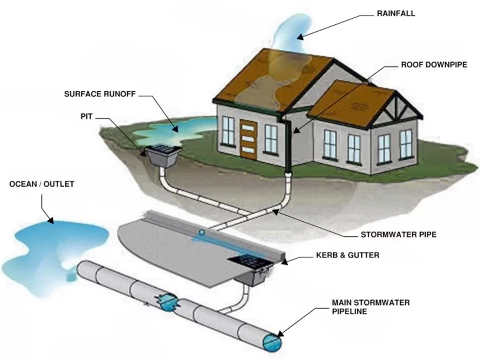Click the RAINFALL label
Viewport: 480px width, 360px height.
tap(396, 14)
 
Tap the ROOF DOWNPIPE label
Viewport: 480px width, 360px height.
tap(434, 65)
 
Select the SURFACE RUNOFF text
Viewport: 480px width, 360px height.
tap(100, 94)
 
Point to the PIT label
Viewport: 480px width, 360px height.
tap(86, 117)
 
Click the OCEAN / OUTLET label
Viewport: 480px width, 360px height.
tap(42, 184)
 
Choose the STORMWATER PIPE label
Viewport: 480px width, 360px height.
tap(398, 234)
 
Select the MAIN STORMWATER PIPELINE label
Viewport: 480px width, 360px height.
tap(370, 307)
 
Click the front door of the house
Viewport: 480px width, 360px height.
tap(248, 139)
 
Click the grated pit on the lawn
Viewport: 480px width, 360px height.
tap(163, 154)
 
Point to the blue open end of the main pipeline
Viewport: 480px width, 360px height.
tap(272, 343)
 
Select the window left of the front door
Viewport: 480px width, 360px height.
tap(228, 131)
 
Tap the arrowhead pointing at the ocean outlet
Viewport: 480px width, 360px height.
tap(50, 219)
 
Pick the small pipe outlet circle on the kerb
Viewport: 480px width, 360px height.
tap(202, 232)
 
